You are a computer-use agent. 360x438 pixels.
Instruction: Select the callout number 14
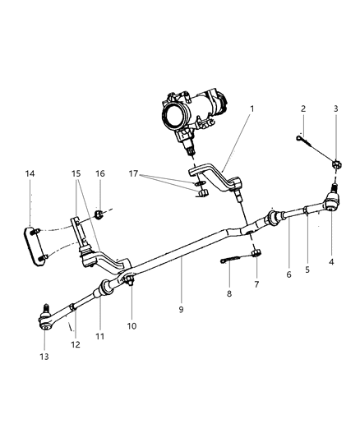coord(30,174)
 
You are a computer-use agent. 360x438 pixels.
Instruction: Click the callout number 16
coord(100,174)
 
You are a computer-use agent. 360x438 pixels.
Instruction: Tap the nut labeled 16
coord(99,215)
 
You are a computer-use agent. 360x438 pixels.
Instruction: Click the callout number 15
coord(76,174)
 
